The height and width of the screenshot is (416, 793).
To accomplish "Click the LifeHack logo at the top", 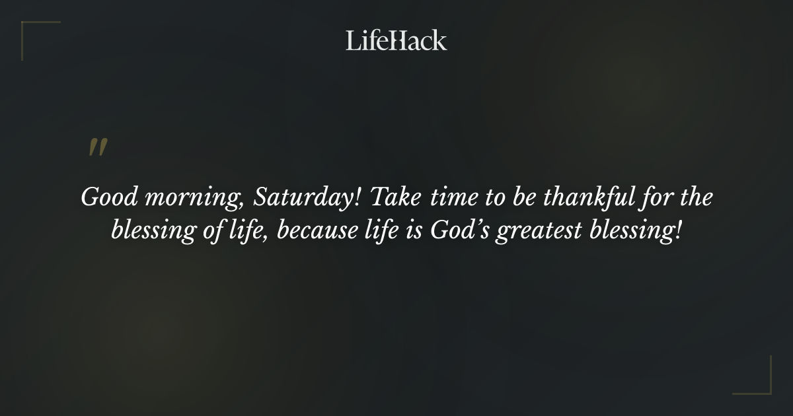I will (397, 40).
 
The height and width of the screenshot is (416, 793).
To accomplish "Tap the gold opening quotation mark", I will (98, 148).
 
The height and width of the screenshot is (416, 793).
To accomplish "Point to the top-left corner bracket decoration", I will (33, 33).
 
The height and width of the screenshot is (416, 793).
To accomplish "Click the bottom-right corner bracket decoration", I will (760, 383).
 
